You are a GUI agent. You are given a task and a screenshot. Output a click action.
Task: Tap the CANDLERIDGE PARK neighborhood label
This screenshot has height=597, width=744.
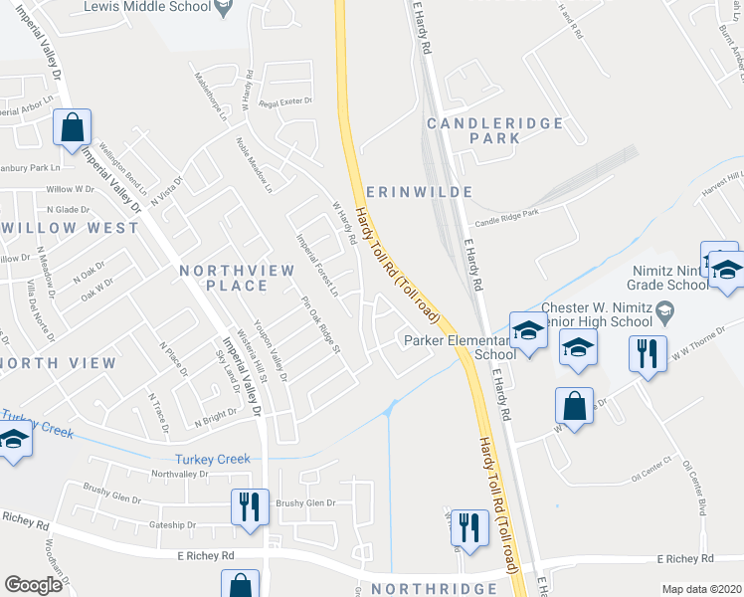494,130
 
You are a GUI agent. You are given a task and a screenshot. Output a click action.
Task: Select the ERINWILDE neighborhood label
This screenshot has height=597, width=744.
418,191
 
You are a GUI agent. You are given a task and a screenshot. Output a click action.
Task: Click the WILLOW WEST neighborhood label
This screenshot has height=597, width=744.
70,228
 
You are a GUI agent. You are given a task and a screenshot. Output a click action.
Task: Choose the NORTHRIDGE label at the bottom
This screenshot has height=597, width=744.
434,588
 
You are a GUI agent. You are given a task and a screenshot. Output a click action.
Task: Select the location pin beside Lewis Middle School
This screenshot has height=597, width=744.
225,9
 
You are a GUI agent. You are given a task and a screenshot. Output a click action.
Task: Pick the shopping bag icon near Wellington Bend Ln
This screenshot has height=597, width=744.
72,127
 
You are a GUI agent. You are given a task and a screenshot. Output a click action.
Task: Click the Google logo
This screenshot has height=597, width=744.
33,585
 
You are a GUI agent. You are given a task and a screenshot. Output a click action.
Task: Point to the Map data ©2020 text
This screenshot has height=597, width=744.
700,589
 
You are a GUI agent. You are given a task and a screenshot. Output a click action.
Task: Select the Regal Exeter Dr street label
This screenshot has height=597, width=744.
285,101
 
